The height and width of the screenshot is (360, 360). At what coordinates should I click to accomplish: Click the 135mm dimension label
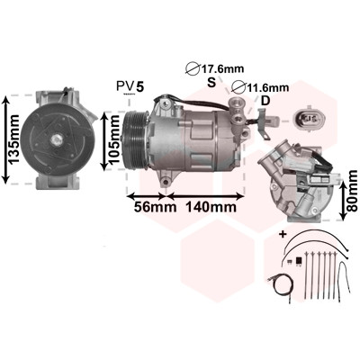tap(14, 139)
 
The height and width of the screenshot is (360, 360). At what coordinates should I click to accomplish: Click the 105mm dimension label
tap(114, 140)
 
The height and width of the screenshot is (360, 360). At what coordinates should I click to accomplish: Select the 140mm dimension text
tap(211, 207)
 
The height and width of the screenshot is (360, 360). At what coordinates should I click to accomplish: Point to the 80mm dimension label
tap(352, 192)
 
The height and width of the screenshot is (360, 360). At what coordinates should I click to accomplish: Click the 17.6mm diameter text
tap(222, 68)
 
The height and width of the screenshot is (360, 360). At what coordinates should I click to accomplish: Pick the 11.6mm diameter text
tap(268, 87)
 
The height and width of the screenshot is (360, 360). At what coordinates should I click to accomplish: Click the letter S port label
tap(211, 82)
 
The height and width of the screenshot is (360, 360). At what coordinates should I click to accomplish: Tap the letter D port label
tap(265, 101)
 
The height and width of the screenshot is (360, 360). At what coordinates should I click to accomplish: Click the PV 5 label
tap(130, 87)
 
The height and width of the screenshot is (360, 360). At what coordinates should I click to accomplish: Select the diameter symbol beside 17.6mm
tap(193, 69)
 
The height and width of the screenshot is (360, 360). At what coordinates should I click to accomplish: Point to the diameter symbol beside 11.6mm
tap(239, 87)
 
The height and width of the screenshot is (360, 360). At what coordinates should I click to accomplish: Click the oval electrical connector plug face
tap(308, 119)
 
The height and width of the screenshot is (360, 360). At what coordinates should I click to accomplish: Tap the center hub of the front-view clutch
tap(57, 139)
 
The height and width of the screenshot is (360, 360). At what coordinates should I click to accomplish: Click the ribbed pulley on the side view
tap(135, 139)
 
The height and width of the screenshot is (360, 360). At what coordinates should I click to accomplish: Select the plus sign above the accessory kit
tap(283, 234)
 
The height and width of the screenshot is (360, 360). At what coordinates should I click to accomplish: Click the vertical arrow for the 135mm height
tap(5, 139)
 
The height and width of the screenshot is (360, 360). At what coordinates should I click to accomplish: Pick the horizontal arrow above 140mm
tap(205, 196)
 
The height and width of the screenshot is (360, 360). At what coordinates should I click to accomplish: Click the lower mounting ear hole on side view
tap(165, 181)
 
